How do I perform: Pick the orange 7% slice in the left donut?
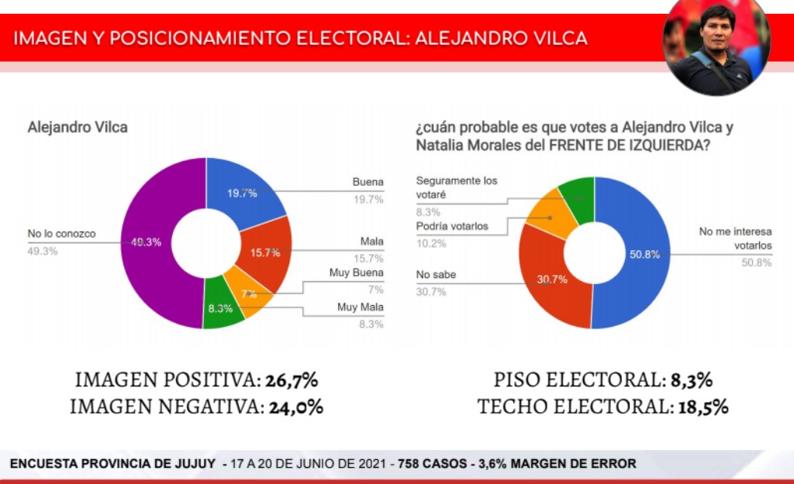(x=245, y=290)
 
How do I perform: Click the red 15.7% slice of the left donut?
(x=268, y=252)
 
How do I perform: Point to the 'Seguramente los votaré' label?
(x=457, y=187)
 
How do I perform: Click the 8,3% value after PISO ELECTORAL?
(x=692, y=380)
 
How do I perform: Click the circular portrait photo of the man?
(x=716, y=46)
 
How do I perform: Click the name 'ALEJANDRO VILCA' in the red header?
(x=502, y=38)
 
